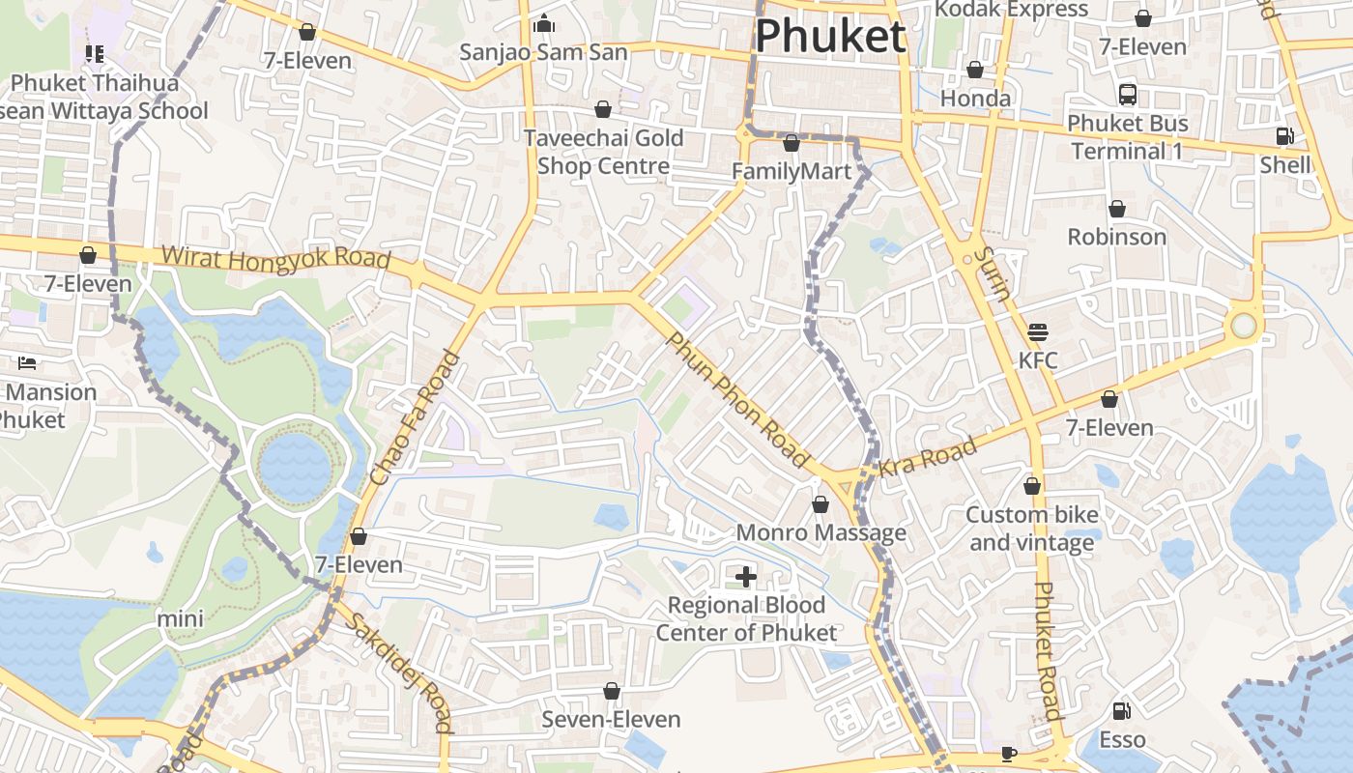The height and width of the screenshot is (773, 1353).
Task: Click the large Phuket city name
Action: [830, 37]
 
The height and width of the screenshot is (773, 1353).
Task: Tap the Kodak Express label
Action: [1011, 10]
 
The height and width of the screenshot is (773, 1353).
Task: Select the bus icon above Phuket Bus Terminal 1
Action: [1127, 95]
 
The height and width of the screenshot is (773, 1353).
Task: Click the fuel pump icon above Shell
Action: [1284, 136]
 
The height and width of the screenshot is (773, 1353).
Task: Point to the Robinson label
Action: [1116, 237]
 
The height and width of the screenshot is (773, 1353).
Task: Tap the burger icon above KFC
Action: [1038, 333]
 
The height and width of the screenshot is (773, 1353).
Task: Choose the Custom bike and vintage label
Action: [1031, 529]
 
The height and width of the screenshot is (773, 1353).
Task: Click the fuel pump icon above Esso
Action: [1121, 711]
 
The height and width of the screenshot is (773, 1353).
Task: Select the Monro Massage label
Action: [820, 532]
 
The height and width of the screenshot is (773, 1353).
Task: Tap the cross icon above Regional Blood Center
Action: [745, 577]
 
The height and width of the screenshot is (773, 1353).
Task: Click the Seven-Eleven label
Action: [611, 719]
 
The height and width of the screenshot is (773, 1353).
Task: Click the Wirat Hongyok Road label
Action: [275, 258]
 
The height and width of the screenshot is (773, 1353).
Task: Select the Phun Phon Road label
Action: [736, 400]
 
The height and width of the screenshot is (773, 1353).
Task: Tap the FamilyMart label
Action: [791, 172]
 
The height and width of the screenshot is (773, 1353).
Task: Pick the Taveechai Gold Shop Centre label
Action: [603, 152]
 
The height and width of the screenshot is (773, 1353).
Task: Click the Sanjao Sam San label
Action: [543, 52]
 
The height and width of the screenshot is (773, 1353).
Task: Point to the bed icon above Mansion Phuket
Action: [27, 363]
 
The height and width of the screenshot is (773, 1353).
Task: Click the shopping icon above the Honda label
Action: [975, 71]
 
